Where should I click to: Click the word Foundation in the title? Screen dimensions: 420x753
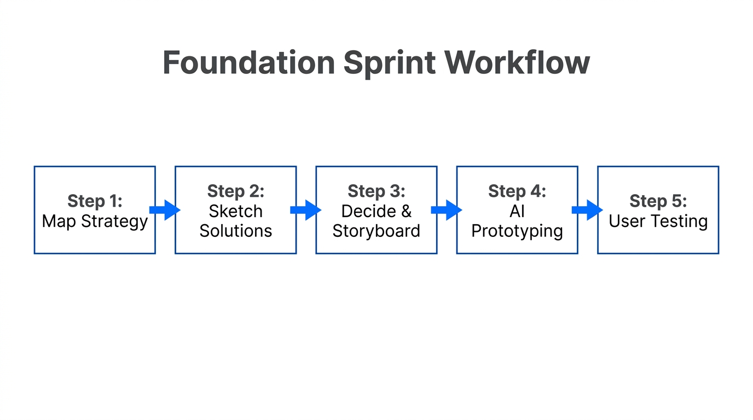248,62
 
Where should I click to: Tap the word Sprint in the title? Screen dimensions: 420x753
389,63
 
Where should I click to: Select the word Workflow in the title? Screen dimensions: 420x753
517,62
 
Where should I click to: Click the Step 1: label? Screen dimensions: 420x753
95,201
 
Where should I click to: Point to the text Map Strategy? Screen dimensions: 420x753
95,221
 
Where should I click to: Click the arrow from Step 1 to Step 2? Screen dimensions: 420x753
165,210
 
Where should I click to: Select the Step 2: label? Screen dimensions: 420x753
235,191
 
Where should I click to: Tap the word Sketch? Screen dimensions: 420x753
235,211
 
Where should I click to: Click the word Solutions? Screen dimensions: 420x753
235,231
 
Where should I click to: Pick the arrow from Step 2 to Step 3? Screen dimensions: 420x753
305,210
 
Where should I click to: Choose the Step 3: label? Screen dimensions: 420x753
376,191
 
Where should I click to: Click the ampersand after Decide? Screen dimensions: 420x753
406,211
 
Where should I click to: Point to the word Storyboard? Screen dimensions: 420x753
376,231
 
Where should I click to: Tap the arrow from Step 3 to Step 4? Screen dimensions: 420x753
446,210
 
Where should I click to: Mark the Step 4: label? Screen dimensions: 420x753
517,191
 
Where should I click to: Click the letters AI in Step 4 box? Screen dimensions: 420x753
517,211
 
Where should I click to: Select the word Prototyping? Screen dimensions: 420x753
517,231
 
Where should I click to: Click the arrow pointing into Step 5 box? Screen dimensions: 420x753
587,210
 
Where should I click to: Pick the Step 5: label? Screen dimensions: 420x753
658,201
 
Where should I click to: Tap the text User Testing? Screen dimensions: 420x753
658,221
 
